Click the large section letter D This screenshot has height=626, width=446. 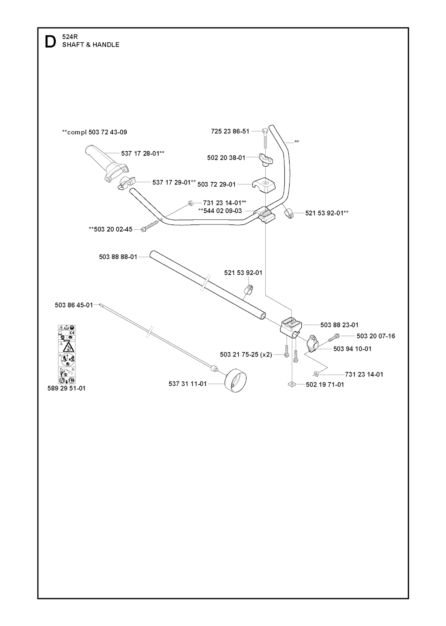click(x=50, y=41)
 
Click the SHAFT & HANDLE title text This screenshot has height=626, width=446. click(x=91, y=45)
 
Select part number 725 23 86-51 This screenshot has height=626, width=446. click(x=230, y=131)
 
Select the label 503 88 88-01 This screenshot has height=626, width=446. click(x=118, y=257)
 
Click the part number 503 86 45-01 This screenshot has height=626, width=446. click(x=74, y=305)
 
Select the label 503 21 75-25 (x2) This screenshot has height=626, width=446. click(x=246, y=354)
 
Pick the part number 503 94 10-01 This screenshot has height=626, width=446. click(x=352, y=349)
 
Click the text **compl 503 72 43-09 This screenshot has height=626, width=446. click(x=95, y=132)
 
